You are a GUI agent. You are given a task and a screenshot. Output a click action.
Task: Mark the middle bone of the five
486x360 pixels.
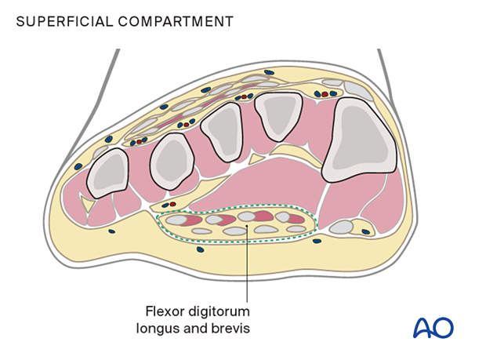coord(222,129)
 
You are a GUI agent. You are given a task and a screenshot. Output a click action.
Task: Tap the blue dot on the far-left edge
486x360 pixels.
coord(78,166)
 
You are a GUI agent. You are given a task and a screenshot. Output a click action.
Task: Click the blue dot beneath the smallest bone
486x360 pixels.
coord(112,231)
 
